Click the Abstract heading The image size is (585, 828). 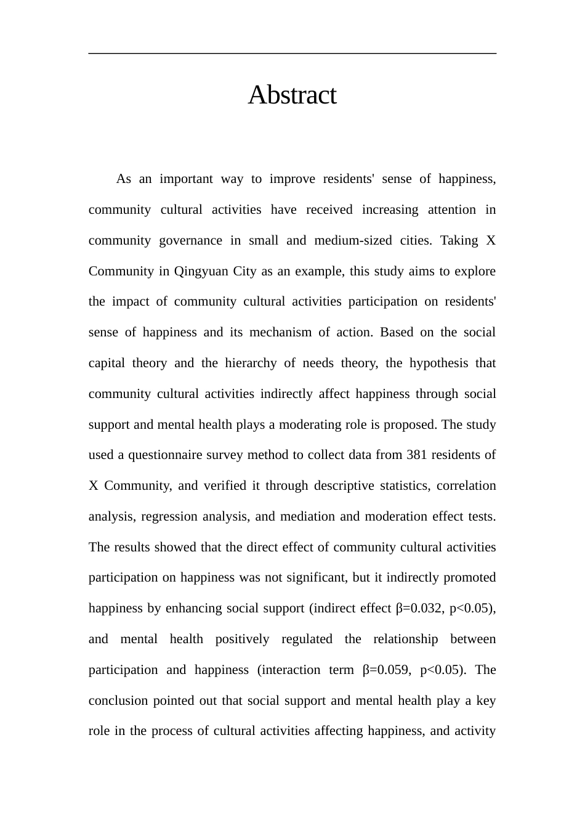292,95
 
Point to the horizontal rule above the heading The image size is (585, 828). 292,54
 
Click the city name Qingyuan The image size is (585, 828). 201,272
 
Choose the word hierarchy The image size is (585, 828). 251,363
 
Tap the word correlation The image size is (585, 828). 466,486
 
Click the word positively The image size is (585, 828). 242,639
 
